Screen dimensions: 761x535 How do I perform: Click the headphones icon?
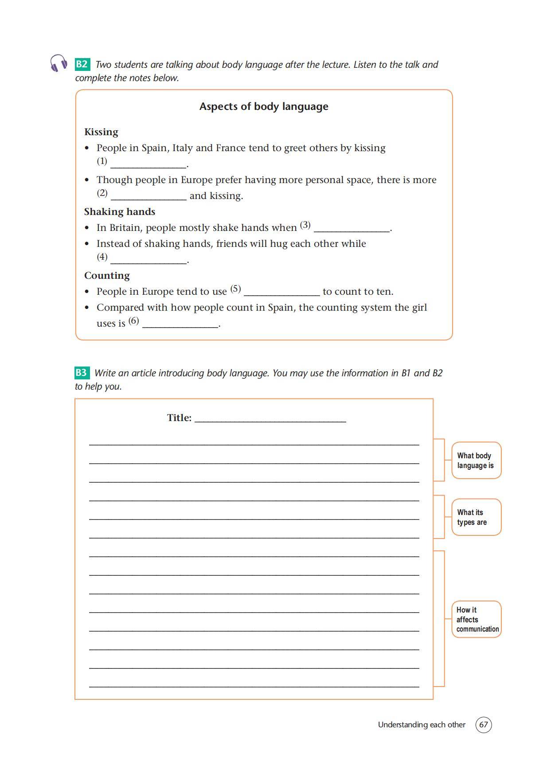[x=59, y=63]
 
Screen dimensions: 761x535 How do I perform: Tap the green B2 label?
[x=82, y=64]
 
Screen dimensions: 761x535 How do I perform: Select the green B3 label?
[x=82, y=373]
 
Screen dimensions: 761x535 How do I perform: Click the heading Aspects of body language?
[x=264, y=106]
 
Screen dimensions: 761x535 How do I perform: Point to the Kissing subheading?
[x=101, y=132]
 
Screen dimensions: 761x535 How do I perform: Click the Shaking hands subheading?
[x=120, y=212]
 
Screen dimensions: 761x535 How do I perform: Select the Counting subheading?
[x=107, y=276]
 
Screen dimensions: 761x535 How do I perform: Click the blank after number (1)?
[x=148, y=164]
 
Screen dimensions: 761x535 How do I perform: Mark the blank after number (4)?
[x=148, y=259]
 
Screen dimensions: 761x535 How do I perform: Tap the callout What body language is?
[x=476, y=461]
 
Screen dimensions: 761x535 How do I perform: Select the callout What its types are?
[x=476, y=517]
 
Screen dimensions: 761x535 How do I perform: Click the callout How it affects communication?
[x=476, y=619]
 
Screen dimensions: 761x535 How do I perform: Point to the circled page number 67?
[x=483, y=725]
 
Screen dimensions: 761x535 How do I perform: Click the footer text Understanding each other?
[x=422, y=725]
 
